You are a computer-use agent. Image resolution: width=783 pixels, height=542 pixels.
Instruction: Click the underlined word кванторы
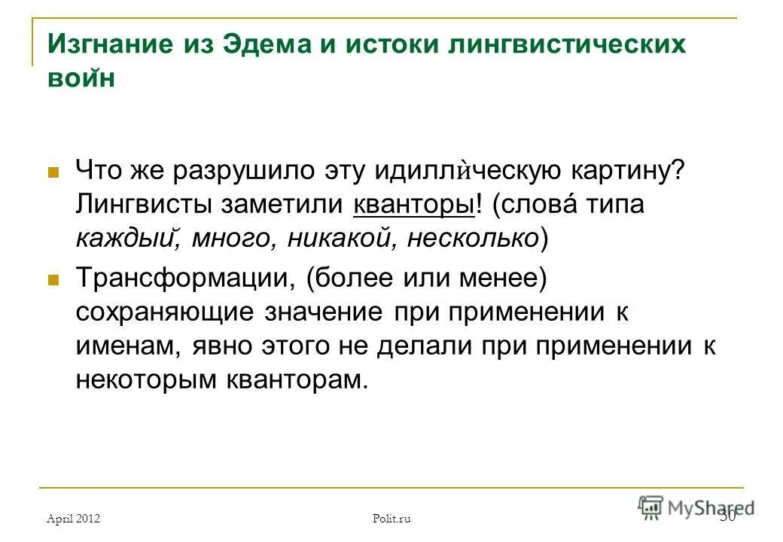click(x=413, y=205)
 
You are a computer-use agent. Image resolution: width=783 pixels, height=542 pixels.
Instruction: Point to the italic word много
click(x=227, y=238)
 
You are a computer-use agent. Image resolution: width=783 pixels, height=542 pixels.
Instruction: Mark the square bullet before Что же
click(x=53, y=172)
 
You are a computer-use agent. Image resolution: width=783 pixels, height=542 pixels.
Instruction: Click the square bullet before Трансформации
click(x=53, y=279)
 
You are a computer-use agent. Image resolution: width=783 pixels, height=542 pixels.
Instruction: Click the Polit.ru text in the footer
click(x=391, y=518)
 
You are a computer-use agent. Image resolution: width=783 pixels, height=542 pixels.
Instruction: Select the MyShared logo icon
click(x=650, y=507)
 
